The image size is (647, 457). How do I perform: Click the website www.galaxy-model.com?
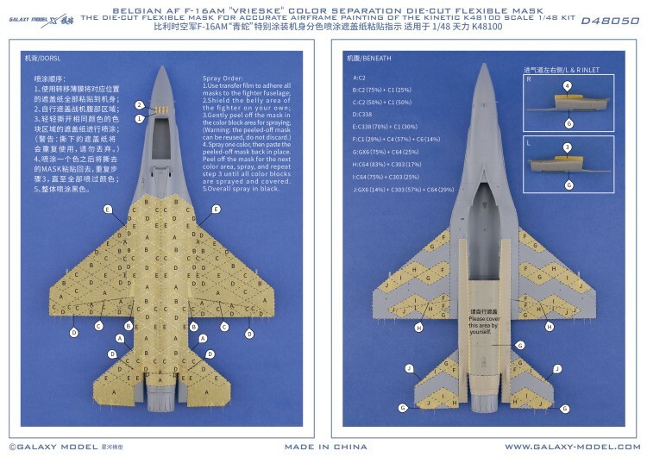568,446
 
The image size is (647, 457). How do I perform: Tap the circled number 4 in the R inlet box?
567,86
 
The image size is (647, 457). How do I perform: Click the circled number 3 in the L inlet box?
567,147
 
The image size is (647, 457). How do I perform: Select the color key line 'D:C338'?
363,113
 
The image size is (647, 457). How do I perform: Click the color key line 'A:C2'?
360,78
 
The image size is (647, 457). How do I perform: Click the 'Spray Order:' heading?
221,78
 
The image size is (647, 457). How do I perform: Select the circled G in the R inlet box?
567,123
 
